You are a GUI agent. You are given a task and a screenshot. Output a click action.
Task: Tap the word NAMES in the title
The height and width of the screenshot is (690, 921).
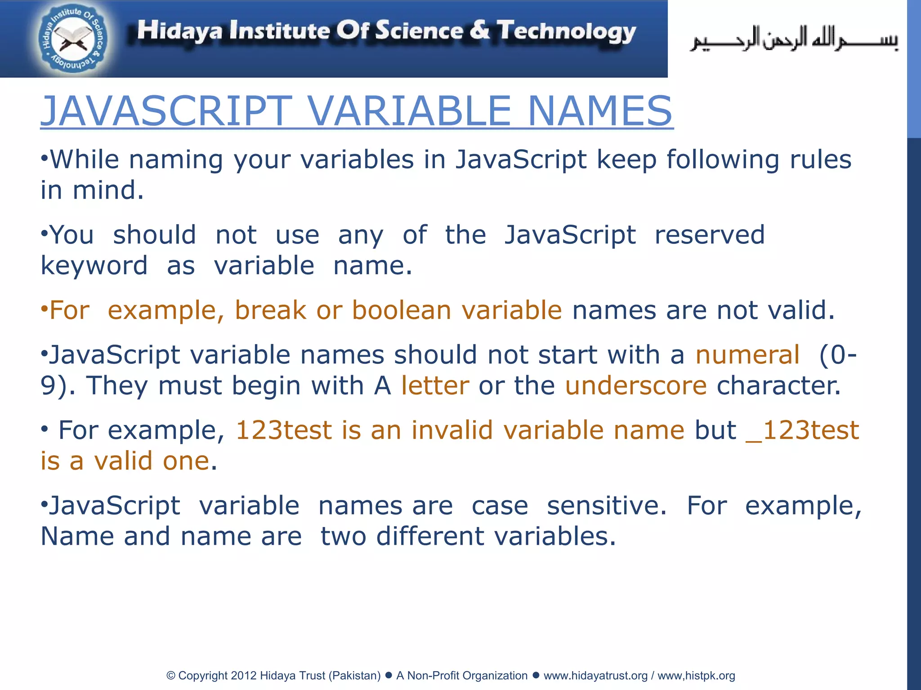(600, 111)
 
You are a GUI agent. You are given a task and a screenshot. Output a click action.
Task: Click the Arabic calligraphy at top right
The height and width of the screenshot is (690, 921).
(794, 40)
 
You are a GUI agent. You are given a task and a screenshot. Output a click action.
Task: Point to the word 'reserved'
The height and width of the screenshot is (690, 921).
(709, 235)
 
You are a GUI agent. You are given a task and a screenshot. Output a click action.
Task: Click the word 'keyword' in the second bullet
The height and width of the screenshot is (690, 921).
(94, 265)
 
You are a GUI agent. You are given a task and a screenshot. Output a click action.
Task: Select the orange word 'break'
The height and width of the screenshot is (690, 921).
(270, 310)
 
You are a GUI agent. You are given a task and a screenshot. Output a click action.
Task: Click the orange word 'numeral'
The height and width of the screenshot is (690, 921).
(747, 355)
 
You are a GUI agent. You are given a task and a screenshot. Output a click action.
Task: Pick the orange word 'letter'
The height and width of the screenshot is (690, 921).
(435, 385)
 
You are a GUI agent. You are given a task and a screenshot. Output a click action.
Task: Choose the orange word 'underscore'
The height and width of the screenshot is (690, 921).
(636, 385)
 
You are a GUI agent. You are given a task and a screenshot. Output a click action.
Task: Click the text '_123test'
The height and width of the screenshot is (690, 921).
(802, 430)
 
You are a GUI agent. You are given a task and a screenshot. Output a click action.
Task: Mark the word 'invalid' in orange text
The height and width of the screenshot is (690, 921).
(452, 430)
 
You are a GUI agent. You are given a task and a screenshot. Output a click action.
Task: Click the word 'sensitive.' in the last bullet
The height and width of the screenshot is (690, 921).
(607, 506)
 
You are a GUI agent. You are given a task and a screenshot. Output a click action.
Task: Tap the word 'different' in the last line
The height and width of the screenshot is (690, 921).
(430, 536)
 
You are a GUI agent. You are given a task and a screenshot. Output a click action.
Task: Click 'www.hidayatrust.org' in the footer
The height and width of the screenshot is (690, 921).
(595, 676)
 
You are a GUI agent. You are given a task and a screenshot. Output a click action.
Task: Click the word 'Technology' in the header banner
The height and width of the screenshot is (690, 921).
(567, 31)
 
